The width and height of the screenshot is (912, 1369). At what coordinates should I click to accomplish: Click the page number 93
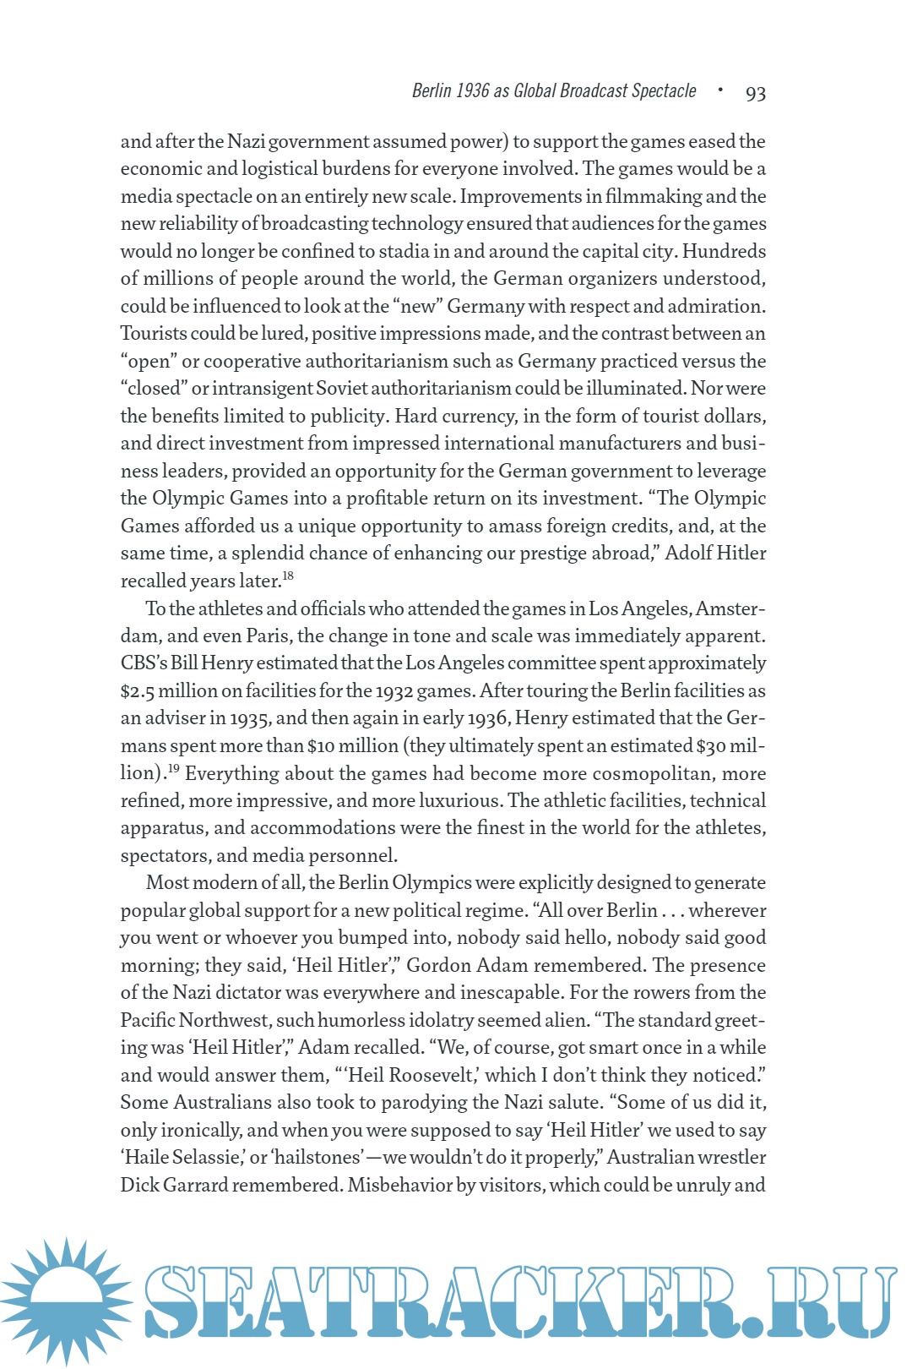pos(755,93)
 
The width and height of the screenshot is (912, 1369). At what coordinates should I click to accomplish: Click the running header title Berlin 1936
pos(554,91)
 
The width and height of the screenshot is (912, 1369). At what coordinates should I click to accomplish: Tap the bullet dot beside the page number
pos(720,90)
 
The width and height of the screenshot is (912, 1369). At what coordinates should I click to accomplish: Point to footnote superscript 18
pos(288,576)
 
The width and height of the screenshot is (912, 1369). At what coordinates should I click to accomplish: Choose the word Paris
pos(269,636)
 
